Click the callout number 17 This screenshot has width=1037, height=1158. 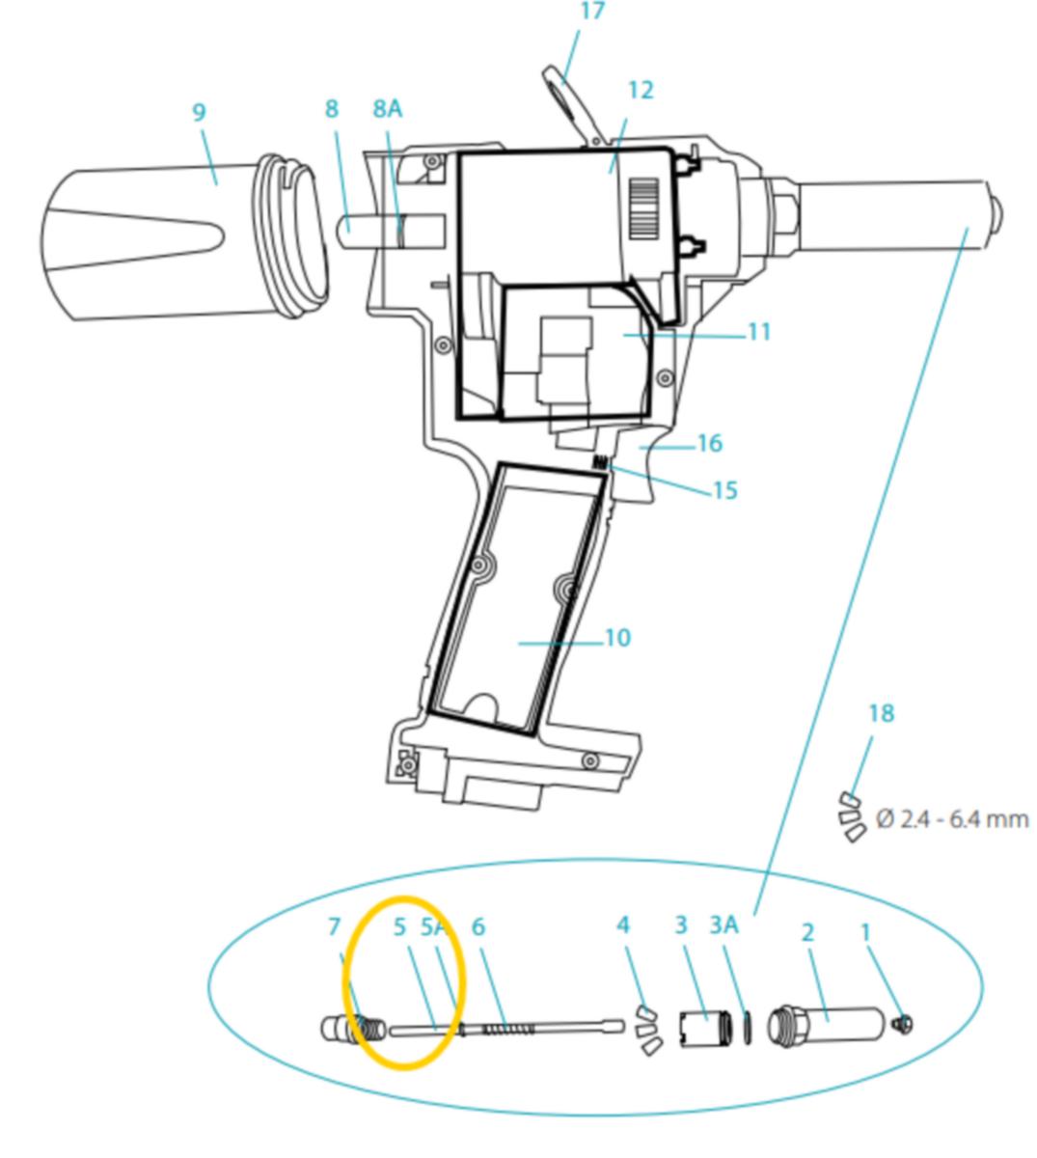[592, 11]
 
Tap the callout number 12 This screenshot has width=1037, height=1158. [641, 90]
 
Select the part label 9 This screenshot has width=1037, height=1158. [199, 112]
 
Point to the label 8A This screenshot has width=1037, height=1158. [388, 109]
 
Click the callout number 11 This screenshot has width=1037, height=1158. [759, 332]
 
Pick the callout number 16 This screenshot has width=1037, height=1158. [710, 443]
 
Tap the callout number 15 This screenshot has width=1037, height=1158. [725, 490]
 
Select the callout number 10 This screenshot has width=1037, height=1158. [617, 637]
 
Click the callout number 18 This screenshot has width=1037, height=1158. [881, 713]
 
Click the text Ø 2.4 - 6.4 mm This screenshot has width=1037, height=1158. [952, 819]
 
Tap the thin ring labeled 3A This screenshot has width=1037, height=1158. [748, 1028]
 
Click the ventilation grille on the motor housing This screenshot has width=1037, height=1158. [644, 208]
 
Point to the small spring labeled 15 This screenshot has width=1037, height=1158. [599, 462]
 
